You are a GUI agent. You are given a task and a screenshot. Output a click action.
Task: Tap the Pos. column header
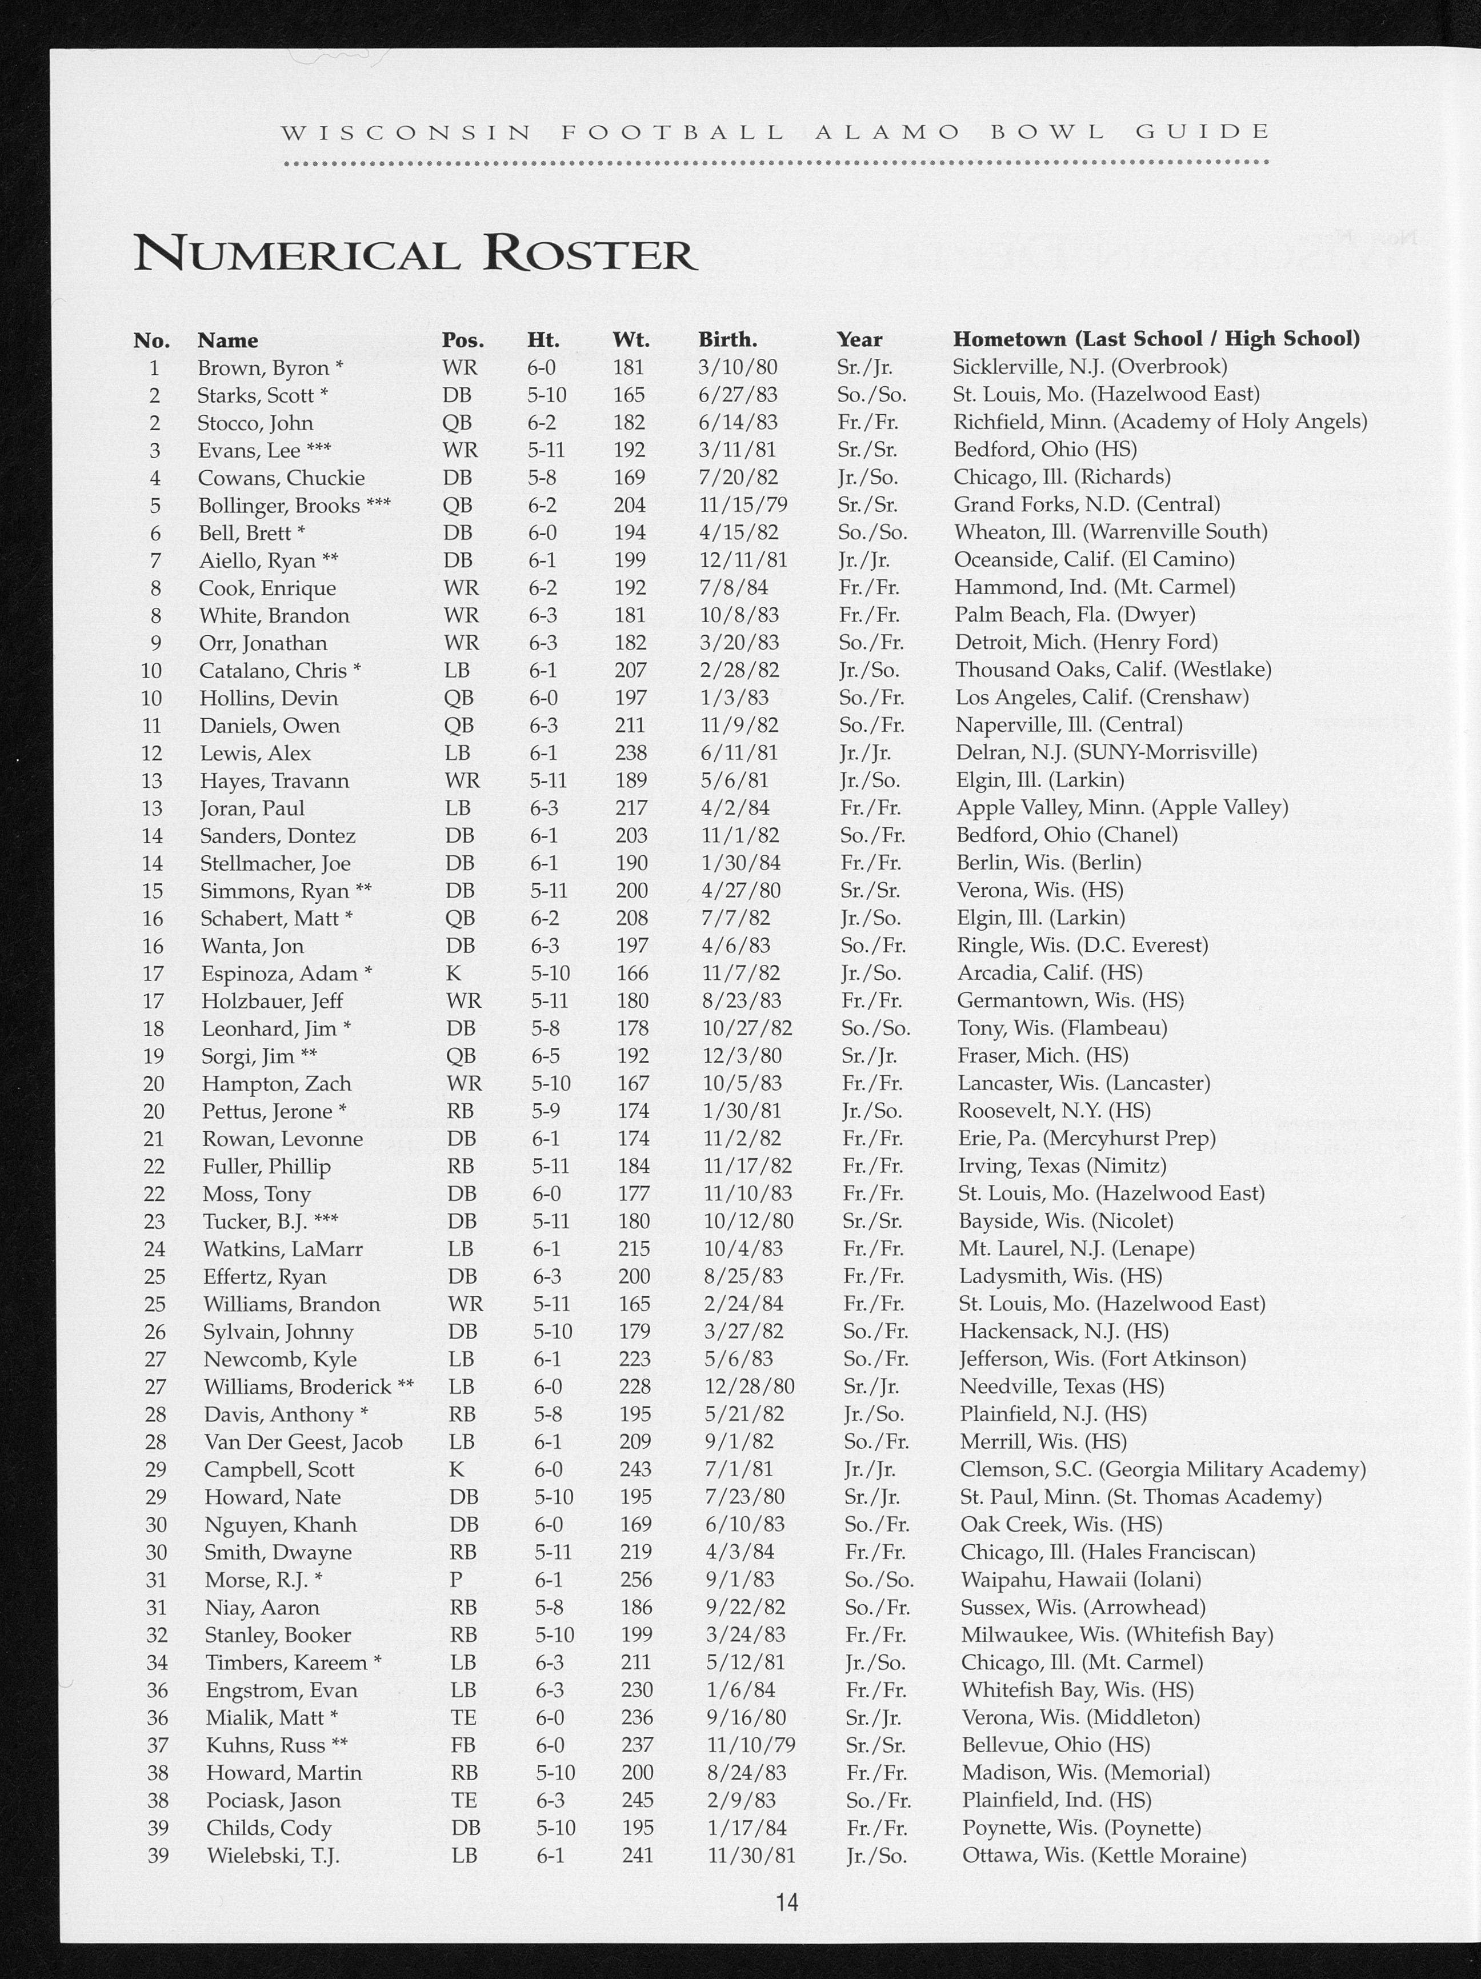tap(463, 340)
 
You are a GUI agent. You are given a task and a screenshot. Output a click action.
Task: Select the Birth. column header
tap(727, 340)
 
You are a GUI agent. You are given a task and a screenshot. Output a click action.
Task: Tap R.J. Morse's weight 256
tap(637, 1580)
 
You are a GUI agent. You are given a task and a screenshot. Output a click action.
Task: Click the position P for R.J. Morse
tap(455, 1580)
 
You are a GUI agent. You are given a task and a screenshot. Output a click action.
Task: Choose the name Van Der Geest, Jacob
tap(303, 1442)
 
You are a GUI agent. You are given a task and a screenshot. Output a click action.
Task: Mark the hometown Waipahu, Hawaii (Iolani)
tap(1080, 1580)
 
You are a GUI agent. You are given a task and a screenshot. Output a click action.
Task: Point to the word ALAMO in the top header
tap(888, 133)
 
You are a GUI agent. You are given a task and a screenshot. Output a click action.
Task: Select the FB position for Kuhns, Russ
tap(463, 1745)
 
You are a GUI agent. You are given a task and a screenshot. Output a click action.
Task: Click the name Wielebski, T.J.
tap(273, 1856)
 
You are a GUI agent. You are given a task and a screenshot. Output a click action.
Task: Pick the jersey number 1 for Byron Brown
tap(155, 368)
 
